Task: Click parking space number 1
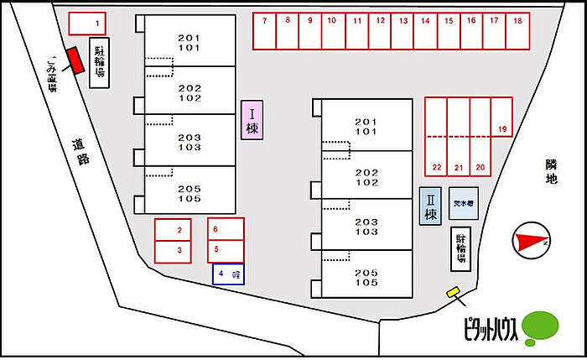point(86,23)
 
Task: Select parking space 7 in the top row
point(264,32)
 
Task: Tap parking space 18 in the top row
point(517,32)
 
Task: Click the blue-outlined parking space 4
point(227,274)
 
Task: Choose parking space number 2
point(179,229)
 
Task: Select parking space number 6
point(226,228)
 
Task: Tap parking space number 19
point(501,117)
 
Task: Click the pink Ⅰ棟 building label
point(252,119)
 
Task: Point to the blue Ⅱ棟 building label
point(430,206)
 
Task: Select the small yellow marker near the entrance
point(454,292)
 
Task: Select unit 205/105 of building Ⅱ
point(367,276)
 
